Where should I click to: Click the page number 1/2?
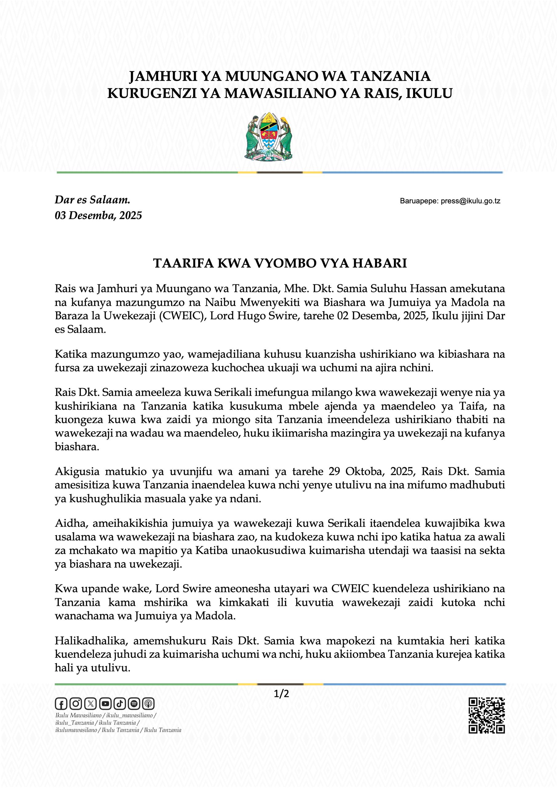(281, 694)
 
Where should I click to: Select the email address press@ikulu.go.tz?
(471, 201)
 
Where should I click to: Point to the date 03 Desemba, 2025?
(98, 215)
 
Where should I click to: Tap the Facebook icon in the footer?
(61, 704)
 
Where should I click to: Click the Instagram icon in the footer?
(75, 704)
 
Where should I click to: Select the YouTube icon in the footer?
(105, 704)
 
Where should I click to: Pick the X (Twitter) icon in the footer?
(90, 704)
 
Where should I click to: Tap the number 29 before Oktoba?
(334, 472)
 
